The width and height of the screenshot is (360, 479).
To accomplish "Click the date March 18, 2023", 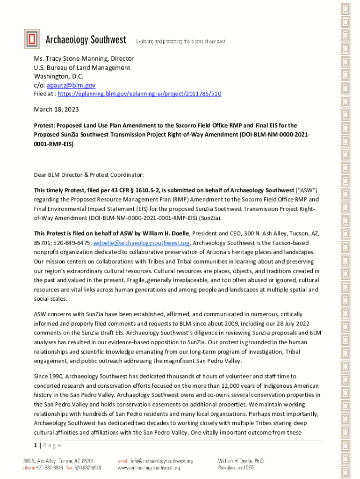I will click(x=56, y=109).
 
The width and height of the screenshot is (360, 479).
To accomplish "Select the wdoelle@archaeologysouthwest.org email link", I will click(x=142, y=243).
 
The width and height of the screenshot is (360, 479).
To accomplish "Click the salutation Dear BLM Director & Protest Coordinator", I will click(x=89, y=175).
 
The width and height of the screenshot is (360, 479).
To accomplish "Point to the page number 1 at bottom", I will click(x=36, y=445).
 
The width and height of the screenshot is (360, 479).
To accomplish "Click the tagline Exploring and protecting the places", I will click(x=180, y=42).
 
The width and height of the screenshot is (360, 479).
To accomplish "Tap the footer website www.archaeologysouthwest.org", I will click(x=155, y=467).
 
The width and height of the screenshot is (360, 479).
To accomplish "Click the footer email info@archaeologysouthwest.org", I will click(x=162, y=461).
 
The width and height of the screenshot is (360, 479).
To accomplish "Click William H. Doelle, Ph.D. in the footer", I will click(x=241, y=461).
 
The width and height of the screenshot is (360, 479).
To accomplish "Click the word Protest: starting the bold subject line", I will click(x=46, y=125).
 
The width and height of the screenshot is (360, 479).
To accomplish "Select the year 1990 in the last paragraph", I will click(x=56, y=376).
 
